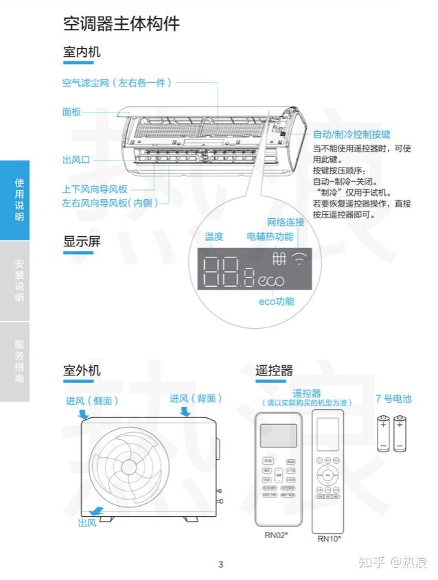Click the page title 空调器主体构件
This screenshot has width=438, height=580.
(x=121, y=24)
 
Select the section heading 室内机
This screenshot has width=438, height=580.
(x=82, y=52)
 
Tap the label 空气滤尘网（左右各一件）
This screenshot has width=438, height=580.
(x=117, y=83)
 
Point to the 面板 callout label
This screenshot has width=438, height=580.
(x=71, y=112)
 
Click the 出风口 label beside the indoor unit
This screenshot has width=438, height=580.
(x=76, y=160)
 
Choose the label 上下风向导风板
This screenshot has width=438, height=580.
(x=95, y=189)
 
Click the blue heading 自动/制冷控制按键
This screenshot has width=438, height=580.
(x=351, y=135)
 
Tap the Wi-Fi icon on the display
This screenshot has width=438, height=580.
(x=299, y=259)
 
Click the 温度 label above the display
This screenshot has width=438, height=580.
(x=214, y=237)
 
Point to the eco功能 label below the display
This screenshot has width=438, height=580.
(x=276, y=301)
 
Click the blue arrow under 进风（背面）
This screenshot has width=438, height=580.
(x=185, y=412)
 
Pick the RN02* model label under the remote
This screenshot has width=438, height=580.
(x=276, y=534)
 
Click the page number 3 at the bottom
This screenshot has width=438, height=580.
(x=220, y=565)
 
